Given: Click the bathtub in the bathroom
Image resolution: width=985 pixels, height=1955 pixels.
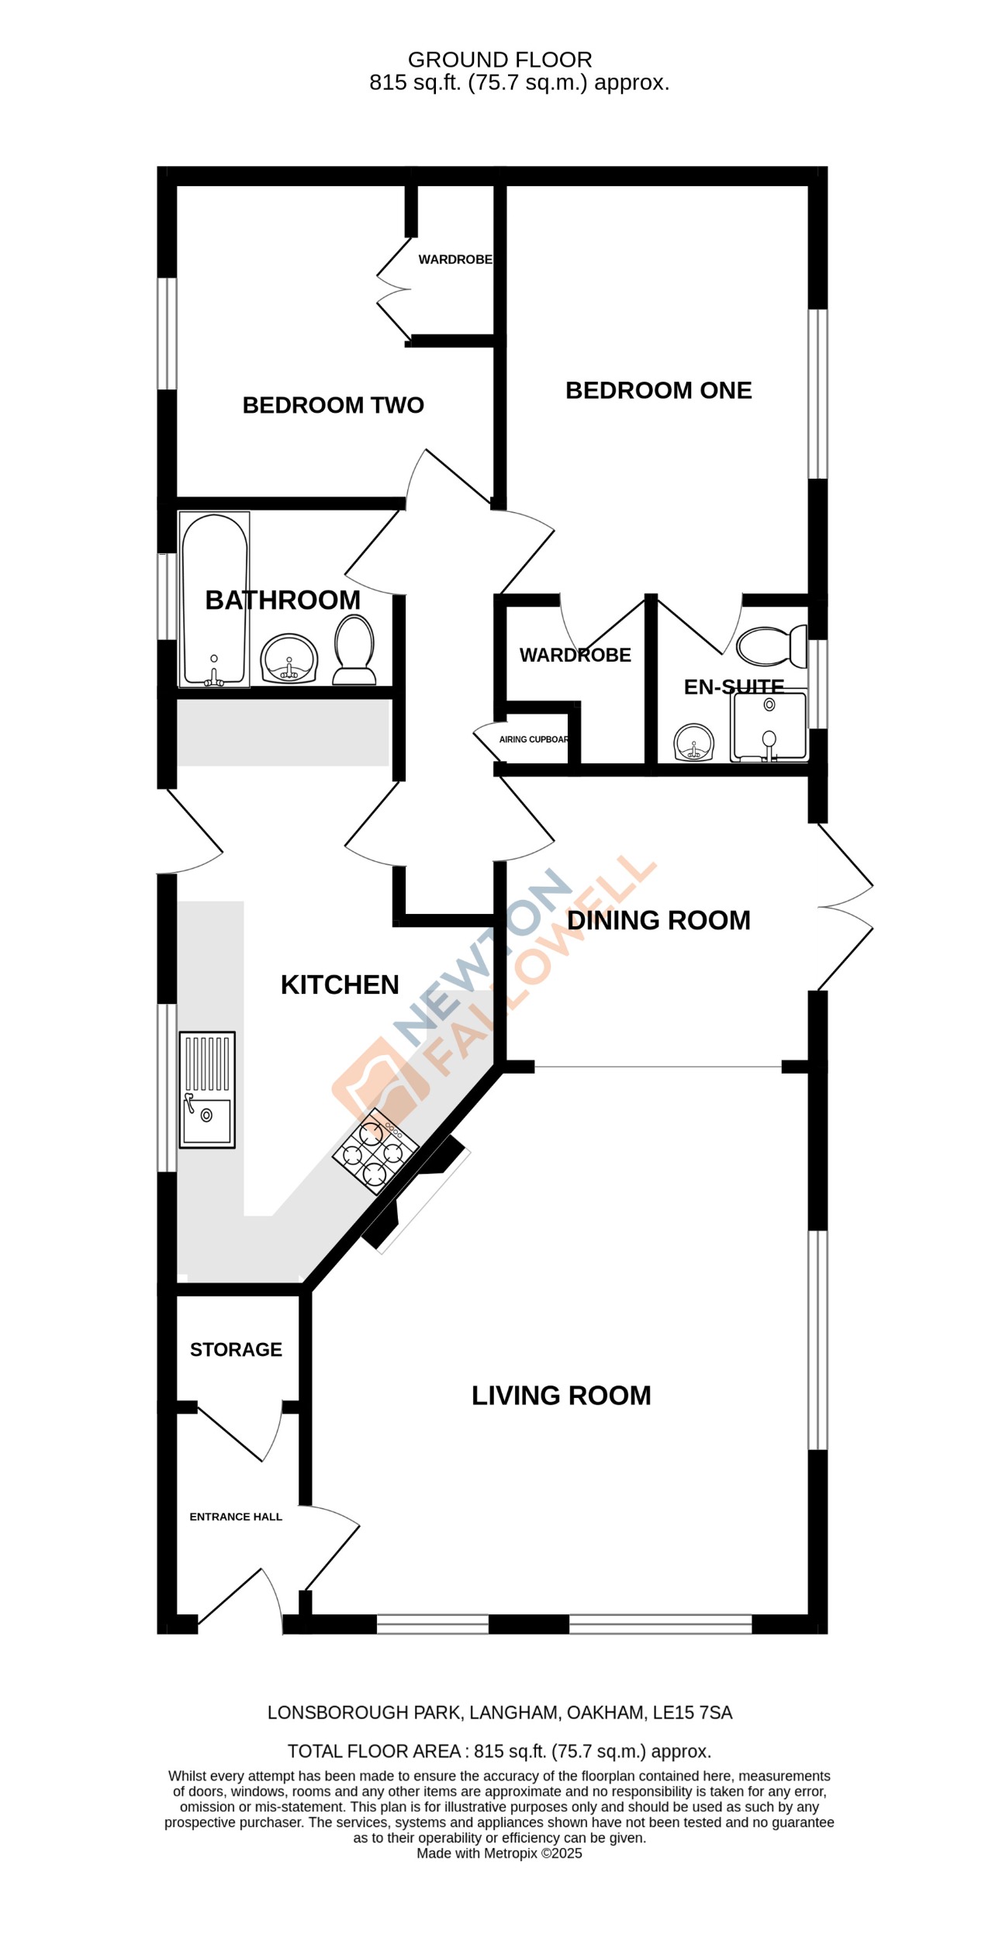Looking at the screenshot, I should [x=215, y=599].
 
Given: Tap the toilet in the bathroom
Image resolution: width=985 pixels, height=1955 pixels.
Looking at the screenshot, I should [x=354, y=649].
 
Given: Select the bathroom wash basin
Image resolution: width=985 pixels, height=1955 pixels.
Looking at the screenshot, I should [x=289, y=659].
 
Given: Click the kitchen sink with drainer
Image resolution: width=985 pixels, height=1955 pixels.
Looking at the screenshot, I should [x=207, y=1089].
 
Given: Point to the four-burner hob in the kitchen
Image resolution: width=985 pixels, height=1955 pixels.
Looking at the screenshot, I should [x=375, y=1150].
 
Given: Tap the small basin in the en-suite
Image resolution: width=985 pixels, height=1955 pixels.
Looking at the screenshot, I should [x=694, y=742].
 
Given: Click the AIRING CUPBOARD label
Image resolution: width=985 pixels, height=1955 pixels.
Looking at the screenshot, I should [x=534, y=739].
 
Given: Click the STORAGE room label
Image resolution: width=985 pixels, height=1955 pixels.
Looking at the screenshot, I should [x=236, y=1349].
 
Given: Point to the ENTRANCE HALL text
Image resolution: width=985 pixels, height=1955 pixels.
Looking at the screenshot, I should [x=236, y=1516].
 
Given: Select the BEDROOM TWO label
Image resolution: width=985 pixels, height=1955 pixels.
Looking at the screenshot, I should [x=333, y=405].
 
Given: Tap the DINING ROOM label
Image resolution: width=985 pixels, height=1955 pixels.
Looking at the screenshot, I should [x=658, y=920].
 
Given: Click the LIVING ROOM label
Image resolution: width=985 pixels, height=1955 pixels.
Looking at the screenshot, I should [x=561, y=1395].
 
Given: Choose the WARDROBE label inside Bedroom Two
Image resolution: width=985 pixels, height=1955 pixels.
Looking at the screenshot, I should [x=455, y=259].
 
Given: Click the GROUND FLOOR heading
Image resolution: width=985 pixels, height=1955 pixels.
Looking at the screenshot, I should [x=499, y=60].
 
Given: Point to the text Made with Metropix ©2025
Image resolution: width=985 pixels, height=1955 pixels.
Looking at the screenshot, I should [x=499, y=1853].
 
